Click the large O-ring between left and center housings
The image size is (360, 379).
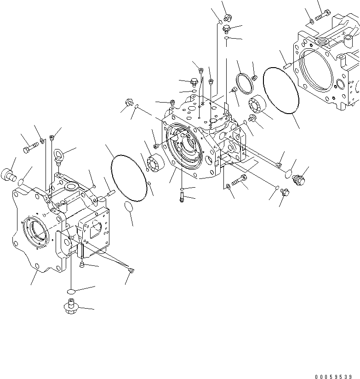pos(129,178)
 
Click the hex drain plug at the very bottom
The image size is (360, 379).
pos(69,307)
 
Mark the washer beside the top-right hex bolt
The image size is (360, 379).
pos(312,20)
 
